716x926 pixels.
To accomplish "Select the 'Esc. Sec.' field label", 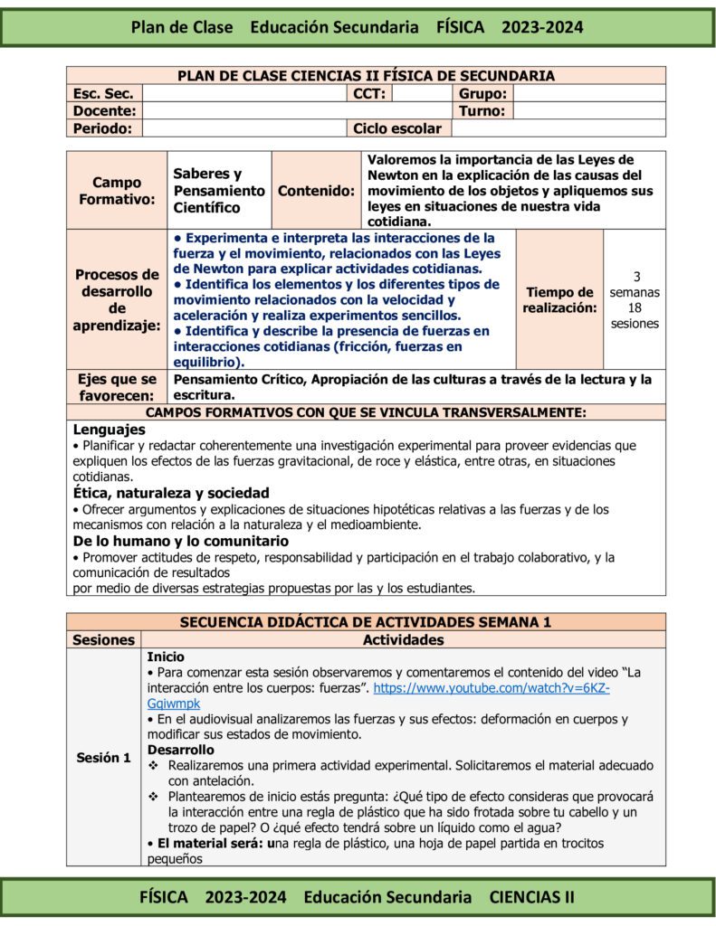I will point(103,93).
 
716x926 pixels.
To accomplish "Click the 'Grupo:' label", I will point(483,93).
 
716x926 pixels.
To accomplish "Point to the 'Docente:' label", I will point(104,110).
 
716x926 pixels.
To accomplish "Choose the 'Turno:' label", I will point(483,110).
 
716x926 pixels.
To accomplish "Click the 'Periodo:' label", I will point(102,128).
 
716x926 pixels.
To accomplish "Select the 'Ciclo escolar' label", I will point(396,128).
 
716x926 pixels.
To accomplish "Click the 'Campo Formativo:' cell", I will point(117,190).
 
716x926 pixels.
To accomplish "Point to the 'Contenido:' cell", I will point(316,190).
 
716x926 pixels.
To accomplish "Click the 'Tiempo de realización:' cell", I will point(559,299).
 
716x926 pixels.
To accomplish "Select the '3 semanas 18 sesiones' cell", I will point(635,299).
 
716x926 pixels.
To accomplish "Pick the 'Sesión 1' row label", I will point(103,758).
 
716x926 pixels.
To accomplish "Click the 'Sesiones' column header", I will point(103,640).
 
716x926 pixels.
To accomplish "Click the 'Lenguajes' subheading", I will point(109,430).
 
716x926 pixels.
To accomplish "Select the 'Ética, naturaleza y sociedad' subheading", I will point(171,493).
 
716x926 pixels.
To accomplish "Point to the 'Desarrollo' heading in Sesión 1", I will point(181,750).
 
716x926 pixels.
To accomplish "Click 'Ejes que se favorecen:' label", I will point(117,387).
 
